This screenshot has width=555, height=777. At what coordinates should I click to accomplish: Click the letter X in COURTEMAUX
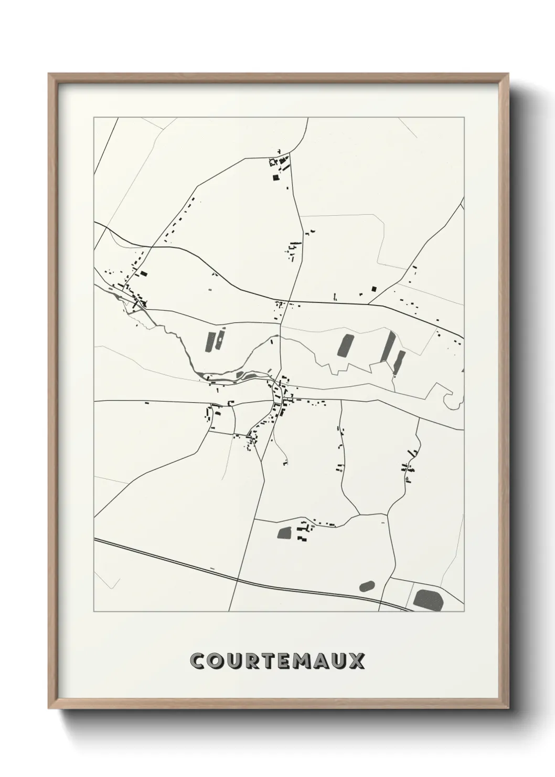(356, 661)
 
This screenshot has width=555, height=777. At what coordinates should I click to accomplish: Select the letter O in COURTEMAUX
(218, 661)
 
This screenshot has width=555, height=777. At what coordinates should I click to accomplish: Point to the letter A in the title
(320, 661)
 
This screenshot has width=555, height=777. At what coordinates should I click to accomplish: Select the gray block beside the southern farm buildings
(285, 533)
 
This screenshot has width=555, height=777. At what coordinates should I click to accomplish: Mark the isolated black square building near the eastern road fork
(374, 288)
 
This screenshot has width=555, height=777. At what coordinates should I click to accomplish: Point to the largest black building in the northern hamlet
(275, 177)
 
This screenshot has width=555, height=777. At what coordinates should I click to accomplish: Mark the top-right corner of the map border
(464, 118)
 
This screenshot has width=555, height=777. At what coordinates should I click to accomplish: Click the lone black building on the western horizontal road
(147, 403)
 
